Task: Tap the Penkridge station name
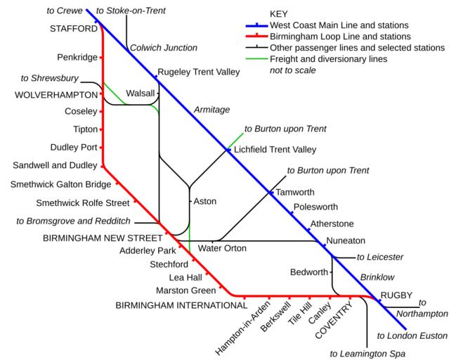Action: click(78, 56)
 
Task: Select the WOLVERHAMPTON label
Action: click(56, 95)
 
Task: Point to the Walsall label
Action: click(139, 93)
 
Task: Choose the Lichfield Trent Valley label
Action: click(275, 149)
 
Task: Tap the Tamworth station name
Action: click(296, 192)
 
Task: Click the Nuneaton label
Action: click(346, 241)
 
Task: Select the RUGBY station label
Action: click(396, 295)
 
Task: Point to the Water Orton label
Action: click(222, 248)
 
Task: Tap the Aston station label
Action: click(204, 201)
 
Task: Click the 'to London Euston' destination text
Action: click(412, 336)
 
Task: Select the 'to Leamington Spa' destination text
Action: click(367, 354)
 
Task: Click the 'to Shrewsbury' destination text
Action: click(50, 78)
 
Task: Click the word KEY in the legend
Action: click(279, 14)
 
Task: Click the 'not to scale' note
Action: click(293, 70)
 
